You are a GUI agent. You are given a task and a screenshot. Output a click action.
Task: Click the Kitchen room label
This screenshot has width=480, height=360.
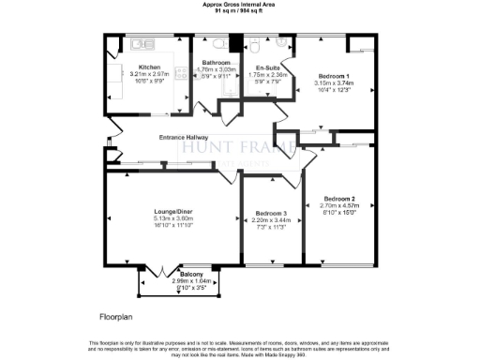pos(150,67)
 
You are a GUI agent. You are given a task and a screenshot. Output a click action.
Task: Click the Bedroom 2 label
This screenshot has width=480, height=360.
pos(339,199)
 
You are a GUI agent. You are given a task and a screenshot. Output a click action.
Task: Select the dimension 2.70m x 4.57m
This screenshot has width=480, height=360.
pos(339,206)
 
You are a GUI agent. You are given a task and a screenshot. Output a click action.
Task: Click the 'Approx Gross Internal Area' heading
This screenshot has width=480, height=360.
pos(239,5)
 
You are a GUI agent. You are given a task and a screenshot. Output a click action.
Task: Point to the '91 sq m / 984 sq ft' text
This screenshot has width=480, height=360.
pos(239,11)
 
